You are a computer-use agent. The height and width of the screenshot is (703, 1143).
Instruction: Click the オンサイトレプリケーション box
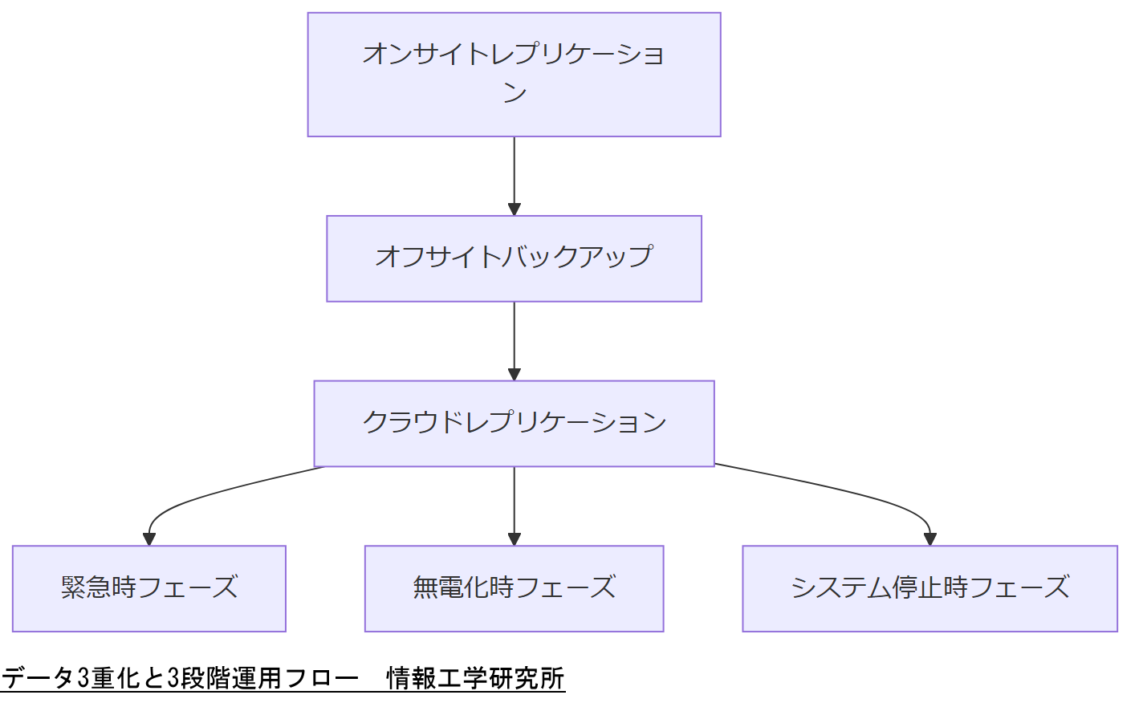point(514,75)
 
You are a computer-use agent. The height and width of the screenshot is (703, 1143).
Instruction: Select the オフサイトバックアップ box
point(514,258)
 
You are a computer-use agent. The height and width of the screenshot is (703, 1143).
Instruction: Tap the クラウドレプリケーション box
point(514,423)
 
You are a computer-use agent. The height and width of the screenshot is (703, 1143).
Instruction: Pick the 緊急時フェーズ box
point(149,588)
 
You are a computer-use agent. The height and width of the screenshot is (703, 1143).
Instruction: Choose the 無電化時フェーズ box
point(514,588)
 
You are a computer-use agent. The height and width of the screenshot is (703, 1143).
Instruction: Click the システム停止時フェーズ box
point(929,588)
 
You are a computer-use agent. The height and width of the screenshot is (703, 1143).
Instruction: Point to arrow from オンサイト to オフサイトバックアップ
point(514,173)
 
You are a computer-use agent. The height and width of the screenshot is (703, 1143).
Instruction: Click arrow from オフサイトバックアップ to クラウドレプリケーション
point(514,339)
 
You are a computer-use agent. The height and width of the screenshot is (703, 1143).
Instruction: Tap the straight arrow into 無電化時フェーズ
point(514,502)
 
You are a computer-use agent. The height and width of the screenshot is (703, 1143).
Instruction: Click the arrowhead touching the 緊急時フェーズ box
point(149,538)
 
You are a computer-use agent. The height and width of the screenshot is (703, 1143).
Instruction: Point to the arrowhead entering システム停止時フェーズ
point(929,538)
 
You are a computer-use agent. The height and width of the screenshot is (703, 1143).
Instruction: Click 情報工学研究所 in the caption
point(475,678)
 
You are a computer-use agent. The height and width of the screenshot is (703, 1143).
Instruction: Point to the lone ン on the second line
point(515,93)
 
